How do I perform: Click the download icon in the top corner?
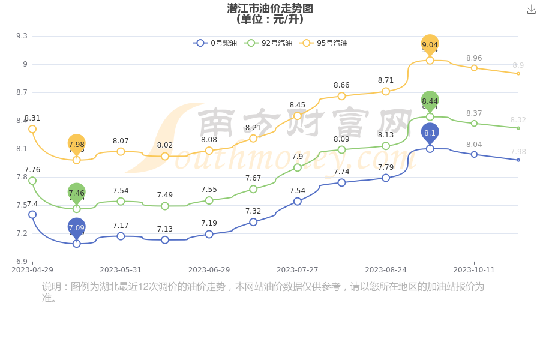click(x=531, y=10)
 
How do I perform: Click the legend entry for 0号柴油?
click(x=215, y=43)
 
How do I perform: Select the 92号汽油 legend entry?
click(x=269, y=43)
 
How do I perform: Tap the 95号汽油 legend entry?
click(x=324, y=43)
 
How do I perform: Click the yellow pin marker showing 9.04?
click(x=430, y=44)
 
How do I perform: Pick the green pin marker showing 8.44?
click(x=430, y=101)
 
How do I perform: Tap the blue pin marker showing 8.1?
click(x=430, y=133)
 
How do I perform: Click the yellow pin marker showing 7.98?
click(x=76, y=144)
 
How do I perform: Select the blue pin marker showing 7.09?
click(x=76, y=227)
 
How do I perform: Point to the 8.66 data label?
click(x=341, y=85)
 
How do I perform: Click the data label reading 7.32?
click(x=253, y=211)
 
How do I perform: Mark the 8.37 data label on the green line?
click(x=474, y=113)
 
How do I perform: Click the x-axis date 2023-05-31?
click(x=121, y=270)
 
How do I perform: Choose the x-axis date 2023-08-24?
click(x=386, y=270)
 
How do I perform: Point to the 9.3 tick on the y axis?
click(x=22, y=36)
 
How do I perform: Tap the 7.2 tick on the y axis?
click(x=22, y=233)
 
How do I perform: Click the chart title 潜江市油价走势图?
click(x=270, y=8)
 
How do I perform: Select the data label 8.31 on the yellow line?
click(x=32, y=118)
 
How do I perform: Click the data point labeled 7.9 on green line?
click(x=298, y=167)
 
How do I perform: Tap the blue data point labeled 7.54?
click(x=298, y=202)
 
